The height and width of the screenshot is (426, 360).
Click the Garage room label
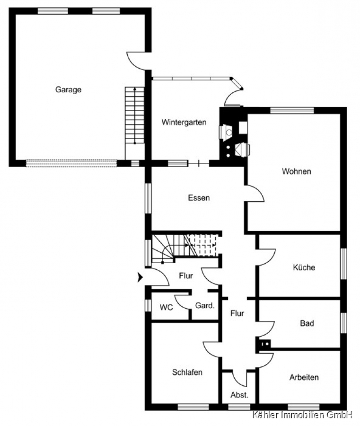pos(68,89)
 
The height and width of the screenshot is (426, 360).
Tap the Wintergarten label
pos(184,122)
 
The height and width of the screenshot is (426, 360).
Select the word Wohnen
pos(296,171)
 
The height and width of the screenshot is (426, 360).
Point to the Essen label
pos(199,198)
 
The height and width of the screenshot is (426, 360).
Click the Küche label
pos(304,267)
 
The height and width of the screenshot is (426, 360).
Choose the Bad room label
pos(307,323)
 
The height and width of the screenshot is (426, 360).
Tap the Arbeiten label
pos(304,377)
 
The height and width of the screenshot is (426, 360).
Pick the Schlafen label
pos(187,372)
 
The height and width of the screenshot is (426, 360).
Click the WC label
pos(166,307)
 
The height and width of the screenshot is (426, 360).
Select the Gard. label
pos(205,306)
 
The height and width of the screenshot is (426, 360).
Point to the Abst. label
pos(239,395)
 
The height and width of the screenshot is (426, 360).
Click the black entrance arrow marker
pos(140,277)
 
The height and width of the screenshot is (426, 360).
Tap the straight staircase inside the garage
pos(135,115)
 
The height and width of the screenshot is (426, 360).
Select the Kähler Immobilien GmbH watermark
pos(302,415)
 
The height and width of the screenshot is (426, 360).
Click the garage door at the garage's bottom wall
pos(71,163)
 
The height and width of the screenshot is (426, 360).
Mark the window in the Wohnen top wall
pos(292,111)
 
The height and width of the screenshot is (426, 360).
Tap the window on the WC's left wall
pos(148,305)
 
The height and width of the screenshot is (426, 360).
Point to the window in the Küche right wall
pos(343,264)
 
